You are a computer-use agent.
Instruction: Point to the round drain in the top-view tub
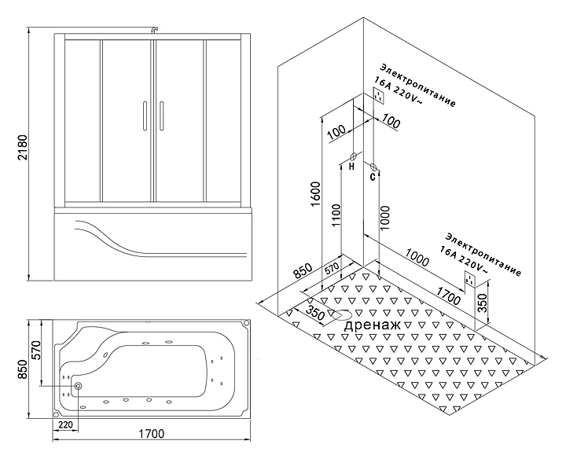[x=78, y=386]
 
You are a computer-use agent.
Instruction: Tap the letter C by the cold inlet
[x=373, y=177]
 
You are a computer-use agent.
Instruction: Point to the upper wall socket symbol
[x=379, y=96]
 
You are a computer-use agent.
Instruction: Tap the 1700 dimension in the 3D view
[x=448, y=296]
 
